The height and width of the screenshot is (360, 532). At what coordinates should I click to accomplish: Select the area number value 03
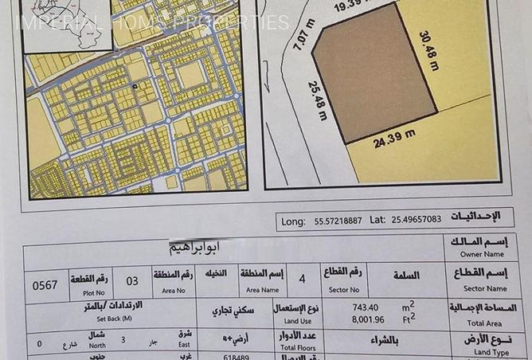(x=132, y=281)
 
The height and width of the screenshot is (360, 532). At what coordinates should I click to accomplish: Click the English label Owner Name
(x=483, y=256)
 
